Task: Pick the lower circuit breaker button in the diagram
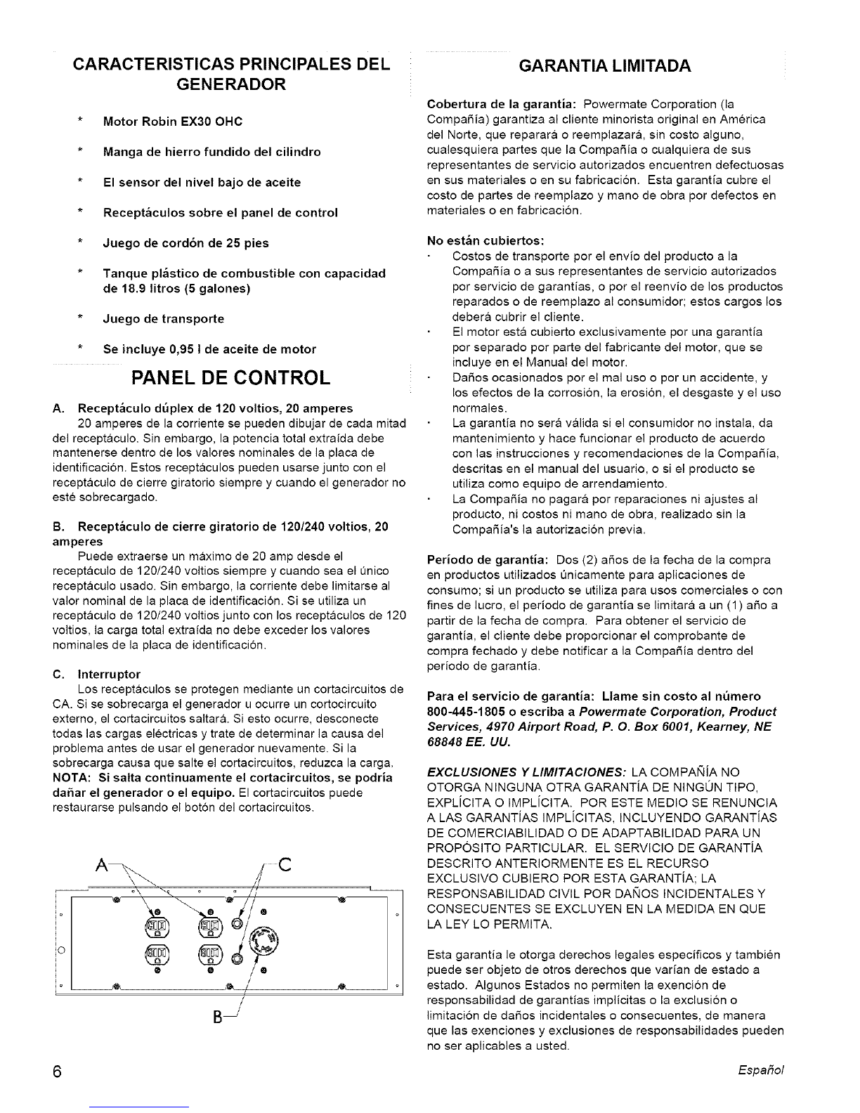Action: point(237,956)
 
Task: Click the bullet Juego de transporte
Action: point(164,318)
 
